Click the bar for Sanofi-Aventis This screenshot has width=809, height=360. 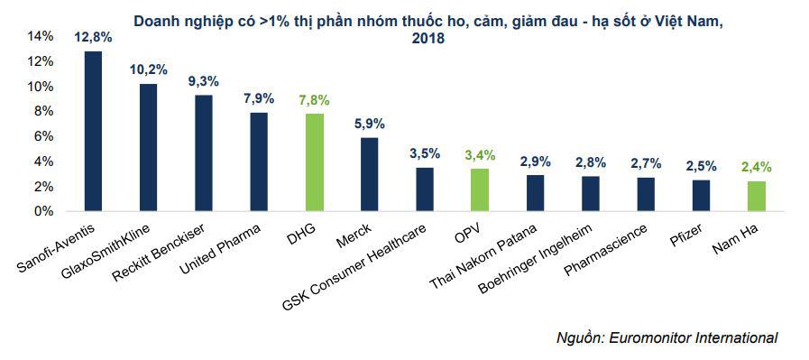tap(93, 132)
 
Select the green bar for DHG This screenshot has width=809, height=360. tap(314, 162)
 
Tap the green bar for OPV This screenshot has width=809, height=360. tap(479, 189)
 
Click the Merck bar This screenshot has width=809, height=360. tap(369, 174)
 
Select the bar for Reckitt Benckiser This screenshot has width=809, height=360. tap(204, 153)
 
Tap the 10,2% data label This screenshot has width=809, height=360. tap(148, 70)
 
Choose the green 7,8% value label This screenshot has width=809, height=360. tap(314, 101)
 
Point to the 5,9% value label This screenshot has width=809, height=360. tap(369, 125)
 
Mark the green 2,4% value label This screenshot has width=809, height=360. tap(756, 167)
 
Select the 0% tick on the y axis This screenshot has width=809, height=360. tap(44, 211)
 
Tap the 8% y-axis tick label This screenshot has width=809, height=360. tap(44, 111)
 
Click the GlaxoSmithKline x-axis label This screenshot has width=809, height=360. tap(113, 249)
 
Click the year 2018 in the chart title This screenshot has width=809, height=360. tap(429, 39)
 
